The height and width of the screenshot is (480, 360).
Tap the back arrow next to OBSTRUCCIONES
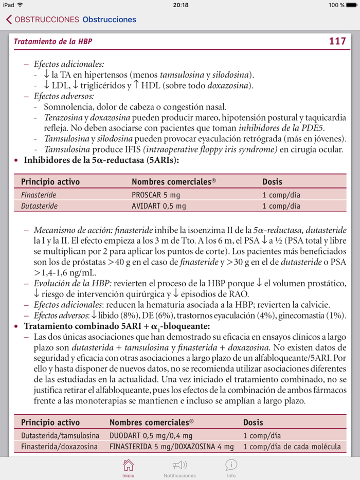[x=9, y=20]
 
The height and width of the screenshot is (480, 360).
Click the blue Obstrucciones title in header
[x=109, y=20]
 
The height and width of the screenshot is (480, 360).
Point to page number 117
[x=337, y=41]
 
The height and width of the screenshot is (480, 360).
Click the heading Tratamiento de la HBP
[x=53, y=42]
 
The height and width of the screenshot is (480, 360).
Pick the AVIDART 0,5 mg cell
[x=159, y=206]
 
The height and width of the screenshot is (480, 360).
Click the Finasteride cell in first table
[x=39, y=195]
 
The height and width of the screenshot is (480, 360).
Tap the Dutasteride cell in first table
[x=39, y=206]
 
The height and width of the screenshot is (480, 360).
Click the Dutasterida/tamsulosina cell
[x=60, y=435]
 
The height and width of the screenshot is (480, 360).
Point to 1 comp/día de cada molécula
[x=292, y=447]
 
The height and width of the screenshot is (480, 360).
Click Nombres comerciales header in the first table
[x=173, y=182]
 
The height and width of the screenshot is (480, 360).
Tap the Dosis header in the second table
[x=253, y=422]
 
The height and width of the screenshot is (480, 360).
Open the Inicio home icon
[x=129, y=466]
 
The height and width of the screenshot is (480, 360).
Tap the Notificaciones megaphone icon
[x=179, y=466]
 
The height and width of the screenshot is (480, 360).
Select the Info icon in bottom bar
[x=231, y=466]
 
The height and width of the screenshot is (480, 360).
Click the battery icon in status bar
[x=351, y=5]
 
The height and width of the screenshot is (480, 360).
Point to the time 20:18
[x=181, y=5]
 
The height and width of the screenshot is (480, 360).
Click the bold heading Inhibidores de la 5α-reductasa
[x=101, y=160]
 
